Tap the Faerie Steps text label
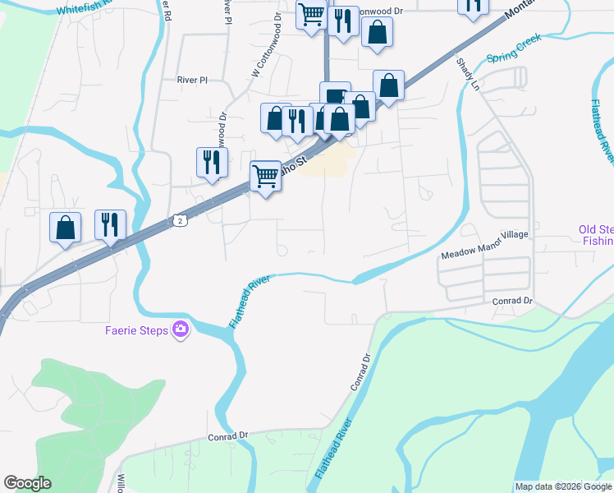136,331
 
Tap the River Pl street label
194,80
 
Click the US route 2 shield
180,219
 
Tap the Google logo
27,483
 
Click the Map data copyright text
562,486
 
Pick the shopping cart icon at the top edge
312,14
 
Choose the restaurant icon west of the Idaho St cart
212,161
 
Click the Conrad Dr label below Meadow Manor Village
512,301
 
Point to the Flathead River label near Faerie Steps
250,302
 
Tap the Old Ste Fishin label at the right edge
596,235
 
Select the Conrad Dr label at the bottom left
227,435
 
